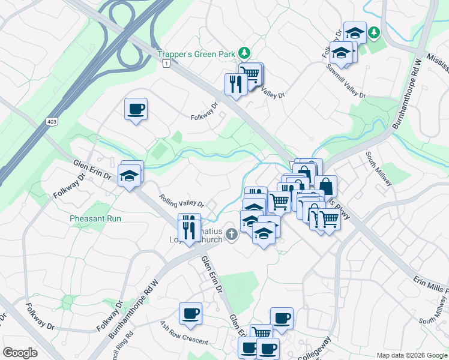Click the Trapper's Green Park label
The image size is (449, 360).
[196, 54]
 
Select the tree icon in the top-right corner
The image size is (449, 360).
[375, 31]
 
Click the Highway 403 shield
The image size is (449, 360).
[52, 122]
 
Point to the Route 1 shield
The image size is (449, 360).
[166, 62]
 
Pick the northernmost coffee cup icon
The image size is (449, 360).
[136, 109]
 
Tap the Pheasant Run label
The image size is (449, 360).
[95, 218]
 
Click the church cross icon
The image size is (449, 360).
[232, 233]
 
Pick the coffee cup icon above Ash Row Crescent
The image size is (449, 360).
[191, 313]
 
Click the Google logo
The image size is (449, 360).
[20, 353]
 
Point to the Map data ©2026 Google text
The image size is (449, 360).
[411, 355]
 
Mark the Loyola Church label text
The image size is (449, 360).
[204, 239]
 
